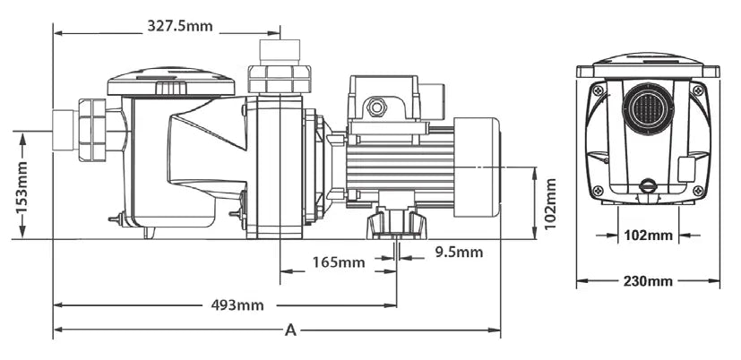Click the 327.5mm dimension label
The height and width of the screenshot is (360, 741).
[x=180, y=26]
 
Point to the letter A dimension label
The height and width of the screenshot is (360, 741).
[x=289, y=330]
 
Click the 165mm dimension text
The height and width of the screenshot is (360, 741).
[x=339, y=262]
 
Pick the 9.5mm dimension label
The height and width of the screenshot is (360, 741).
[x=459, y=253]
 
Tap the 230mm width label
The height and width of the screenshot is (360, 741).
[x=648, y=281]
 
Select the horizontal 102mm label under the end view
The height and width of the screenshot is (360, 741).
[x=647, y=236]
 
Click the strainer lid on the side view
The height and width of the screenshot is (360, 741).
[x=170, y=81]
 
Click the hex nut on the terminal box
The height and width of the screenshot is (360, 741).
[x=376, y=107]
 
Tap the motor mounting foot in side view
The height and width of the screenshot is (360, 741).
[x=395, y=222]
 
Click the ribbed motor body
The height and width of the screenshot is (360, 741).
[x=399, y=167]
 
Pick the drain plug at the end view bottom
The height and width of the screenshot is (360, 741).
[x=647, y=186]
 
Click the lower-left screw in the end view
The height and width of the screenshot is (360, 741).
[x=598, y=191]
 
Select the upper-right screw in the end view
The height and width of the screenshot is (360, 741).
[x=696, y=90]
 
